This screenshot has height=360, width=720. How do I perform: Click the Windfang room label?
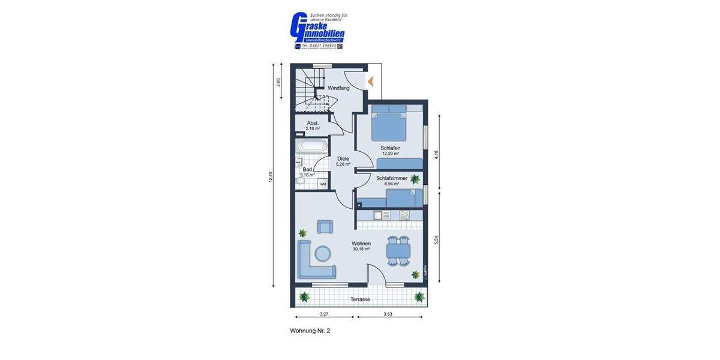[x=338, y=88]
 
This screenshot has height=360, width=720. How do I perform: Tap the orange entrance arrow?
[x=370, y=81]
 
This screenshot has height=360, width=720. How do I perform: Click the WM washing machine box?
[x=323, y=184]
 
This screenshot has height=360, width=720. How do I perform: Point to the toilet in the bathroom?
[x=301, y=180]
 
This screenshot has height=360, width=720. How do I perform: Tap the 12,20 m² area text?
[x=390, y=154]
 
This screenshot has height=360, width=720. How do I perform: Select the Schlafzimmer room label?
[x=392, y=178]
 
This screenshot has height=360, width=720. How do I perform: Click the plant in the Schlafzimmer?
[x=415, y=178]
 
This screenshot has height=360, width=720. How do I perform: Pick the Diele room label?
[x=343, y=158]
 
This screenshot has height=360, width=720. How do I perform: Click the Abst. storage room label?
[x=313, y=123]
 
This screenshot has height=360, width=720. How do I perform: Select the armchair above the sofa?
[x=325, y=226]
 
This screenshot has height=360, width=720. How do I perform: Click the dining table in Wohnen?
[x=398, y=250]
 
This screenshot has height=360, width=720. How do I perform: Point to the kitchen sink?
[x=383, y=214]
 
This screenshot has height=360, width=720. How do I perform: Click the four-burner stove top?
[x=404, y=214]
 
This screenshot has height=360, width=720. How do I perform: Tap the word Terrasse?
[x=360, y=299]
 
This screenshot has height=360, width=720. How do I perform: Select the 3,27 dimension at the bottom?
[x=324, y=314]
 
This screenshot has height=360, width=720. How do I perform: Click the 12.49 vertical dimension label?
[x=271, y=177]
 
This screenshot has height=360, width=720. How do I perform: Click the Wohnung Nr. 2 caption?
[x=310, y=331]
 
